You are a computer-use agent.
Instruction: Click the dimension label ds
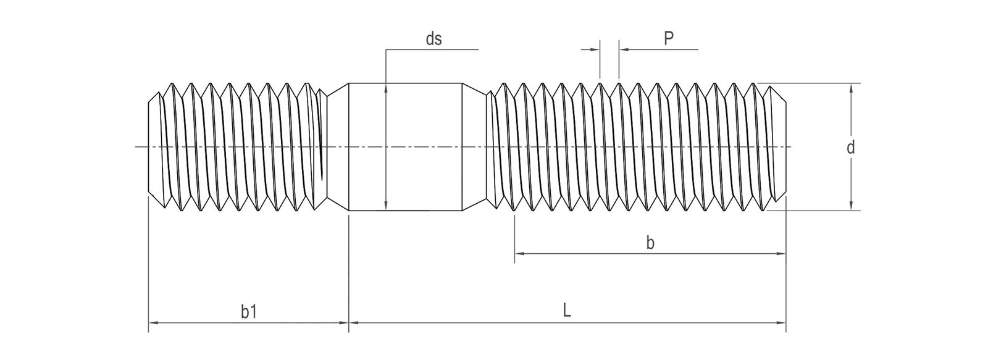pos(433,39)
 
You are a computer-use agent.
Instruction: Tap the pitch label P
pos(668,39)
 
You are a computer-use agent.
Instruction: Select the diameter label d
pos(851,148)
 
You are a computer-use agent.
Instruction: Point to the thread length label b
pos(650,243)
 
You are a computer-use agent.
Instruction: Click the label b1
pos(249,312)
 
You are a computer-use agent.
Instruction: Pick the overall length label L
pos(567,311)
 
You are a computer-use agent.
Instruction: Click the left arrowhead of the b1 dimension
pos(153,322)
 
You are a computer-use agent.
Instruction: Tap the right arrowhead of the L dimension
pos(781,322)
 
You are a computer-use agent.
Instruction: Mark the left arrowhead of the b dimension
pos(519,253)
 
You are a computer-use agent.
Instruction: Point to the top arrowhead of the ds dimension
pos(385,87)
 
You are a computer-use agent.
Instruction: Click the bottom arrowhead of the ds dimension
pos(385,207)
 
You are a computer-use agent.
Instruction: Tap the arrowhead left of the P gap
pos(596,49)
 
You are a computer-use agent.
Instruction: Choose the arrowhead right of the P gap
pos(622,49)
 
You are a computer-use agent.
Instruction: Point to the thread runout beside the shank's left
pos(333,147)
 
